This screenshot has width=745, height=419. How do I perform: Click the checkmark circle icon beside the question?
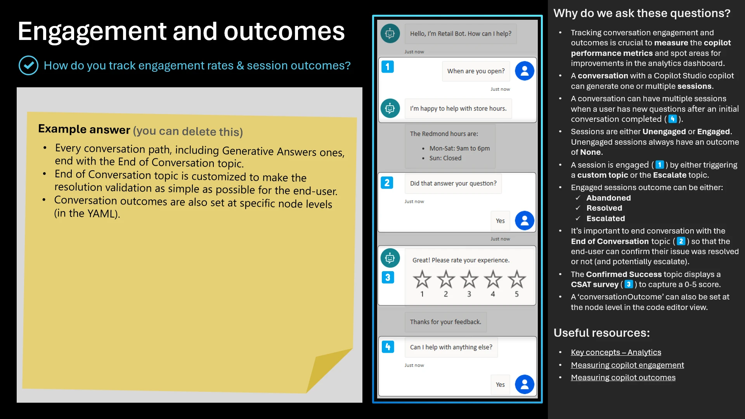point(28,66)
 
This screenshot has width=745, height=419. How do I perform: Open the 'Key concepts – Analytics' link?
point(616,352)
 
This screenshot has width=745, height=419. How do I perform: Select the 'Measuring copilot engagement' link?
point(627,365)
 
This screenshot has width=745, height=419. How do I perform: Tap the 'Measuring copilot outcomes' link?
point(623,377)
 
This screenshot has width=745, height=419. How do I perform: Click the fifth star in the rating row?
point(516,279)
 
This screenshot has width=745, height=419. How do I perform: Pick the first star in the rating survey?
point(422,279)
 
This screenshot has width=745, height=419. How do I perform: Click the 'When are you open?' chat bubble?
point(476,71)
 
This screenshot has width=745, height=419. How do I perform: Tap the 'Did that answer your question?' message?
point(453,184)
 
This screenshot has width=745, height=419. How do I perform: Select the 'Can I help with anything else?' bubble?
point(451,347)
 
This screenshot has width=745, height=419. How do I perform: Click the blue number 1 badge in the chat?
point(387,67)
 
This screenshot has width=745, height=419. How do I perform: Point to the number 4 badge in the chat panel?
point(388,347)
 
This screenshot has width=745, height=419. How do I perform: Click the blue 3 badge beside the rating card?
point(388,277)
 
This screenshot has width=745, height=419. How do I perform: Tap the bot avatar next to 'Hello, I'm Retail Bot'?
point(390,34)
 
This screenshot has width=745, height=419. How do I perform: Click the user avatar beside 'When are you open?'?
point(524,71)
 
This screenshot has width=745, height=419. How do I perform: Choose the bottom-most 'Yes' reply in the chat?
point(500,385)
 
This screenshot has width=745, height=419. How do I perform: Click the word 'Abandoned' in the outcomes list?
point(608,198)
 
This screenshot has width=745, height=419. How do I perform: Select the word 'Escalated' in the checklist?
point(605,218)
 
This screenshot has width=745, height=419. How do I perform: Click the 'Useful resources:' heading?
point(601,333)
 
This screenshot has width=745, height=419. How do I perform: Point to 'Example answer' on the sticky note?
point(84,129)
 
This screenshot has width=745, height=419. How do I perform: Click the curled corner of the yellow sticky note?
point(326,371)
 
